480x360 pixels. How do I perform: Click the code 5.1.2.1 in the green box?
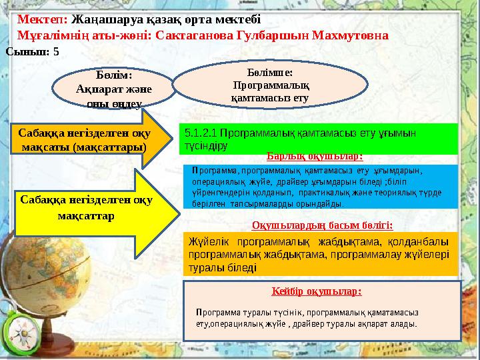(201, 133)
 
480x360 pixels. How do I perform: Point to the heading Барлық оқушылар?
(314, 157)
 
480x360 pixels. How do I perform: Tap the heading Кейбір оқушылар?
(317, 291)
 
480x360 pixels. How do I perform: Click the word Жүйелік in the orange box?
(209, 241)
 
